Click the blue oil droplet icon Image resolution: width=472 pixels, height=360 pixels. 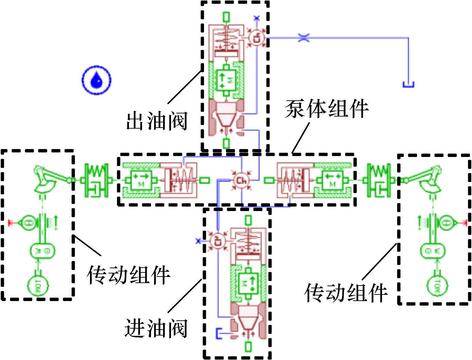point(97,80)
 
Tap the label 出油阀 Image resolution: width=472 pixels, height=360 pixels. point(157,121)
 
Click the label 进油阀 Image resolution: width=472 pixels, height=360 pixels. point(156,328)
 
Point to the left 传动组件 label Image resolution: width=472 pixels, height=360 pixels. point(128,275)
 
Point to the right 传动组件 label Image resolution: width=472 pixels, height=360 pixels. point(346,293)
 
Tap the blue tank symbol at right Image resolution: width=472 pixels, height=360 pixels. point(408,84)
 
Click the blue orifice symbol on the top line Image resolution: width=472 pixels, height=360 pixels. point(303,38)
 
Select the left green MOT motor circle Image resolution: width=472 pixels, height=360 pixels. point(38,285)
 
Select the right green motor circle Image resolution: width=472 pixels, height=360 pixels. point(436,285)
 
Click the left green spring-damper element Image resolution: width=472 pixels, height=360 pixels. point(96,180)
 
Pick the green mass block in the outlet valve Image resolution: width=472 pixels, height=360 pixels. point(226,80)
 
